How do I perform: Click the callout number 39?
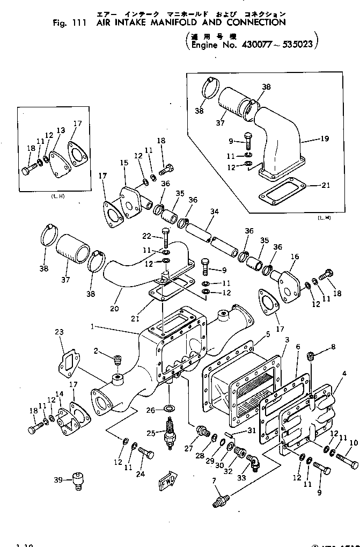58,479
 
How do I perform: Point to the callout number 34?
215,211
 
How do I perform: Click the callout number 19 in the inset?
324,138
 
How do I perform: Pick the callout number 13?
60,130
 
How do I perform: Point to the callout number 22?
146,236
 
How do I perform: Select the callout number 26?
151,411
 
